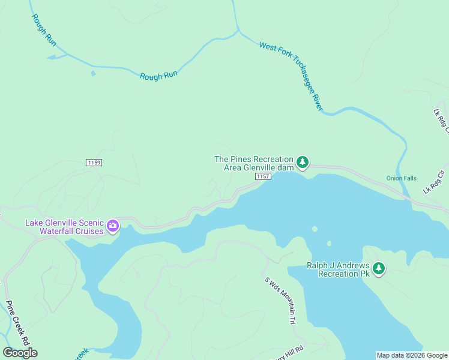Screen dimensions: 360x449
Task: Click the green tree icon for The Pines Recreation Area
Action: tap(303, 162)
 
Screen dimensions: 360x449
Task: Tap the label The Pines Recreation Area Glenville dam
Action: tap(255, 163)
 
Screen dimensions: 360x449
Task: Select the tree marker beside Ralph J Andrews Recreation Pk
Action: tap(378, 268)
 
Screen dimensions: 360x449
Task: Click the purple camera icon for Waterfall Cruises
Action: tap(113, 226)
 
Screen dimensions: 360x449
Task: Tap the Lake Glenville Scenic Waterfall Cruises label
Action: tap(64, 226)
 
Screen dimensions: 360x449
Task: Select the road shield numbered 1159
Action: tap(94, 163)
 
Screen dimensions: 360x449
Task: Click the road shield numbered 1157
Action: tap(262, 176)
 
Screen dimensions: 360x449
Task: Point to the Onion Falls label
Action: tap(401, 178)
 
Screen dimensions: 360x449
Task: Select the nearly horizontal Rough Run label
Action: tap(158, 76)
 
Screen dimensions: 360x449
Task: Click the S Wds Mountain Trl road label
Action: tap(280, 300)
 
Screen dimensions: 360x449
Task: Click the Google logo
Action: tap(20, 352)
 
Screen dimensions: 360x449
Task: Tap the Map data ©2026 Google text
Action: tap(411, 355)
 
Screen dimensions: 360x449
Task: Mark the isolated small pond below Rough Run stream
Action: tap(93, 74)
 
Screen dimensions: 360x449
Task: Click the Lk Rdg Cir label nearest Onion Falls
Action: tap(435, 182)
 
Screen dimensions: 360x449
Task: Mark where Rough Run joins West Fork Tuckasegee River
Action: tap(238, 29)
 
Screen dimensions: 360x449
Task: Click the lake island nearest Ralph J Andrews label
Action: tap(328, 244)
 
